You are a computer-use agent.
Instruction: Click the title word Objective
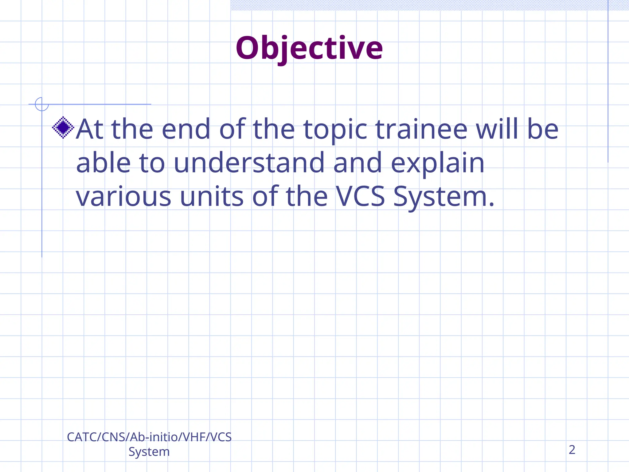309,48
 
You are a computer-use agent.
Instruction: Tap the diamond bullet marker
63,128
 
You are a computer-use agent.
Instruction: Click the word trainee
421,129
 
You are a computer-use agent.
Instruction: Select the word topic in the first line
335,130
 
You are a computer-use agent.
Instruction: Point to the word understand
249,163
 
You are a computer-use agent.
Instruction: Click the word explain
437,163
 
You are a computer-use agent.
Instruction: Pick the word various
123,196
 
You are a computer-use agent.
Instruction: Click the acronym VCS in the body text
360,196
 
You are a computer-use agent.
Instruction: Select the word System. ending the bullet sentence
444,197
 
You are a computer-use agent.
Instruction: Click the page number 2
572,450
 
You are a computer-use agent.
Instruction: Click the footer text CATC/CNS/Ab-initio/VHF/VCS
149,437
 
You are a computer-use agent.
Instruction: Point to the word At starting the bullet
89,129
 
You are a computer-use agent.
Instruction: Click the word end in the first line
186,129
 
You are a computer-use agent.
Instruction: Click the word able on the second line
103,163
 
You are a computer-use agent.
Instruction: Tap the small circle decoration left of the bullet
42,104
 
